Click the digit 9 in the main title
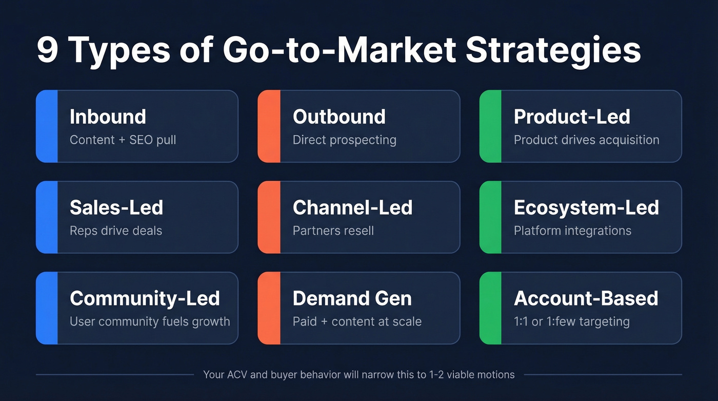click(47, 50)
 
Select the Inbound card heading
click(108, 117)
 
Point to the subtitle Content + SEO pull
click(123, 140)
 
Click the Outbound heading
click(338, 117)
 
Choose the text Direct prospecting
click(344, 140)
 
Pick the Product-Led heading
click(572, 117)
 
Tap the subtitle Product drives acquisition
click(586, 140)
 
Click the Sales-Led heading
click(116, 208)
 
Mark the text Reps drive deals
click(116, 231)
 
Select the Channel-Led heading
click(352, 208)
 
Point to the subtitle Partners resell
click(333, 231)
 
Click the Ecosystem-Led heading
click(586, 208)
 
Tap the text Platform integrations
click(572, 231)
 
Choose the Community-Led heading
click(145, 298)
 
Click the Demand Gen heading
click(352, 298)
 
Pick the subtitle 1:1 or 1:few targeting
click(571, 322)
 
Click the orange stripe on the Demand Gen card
click(269, 308)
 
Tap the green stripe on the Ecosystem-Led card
click(491, 217)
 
